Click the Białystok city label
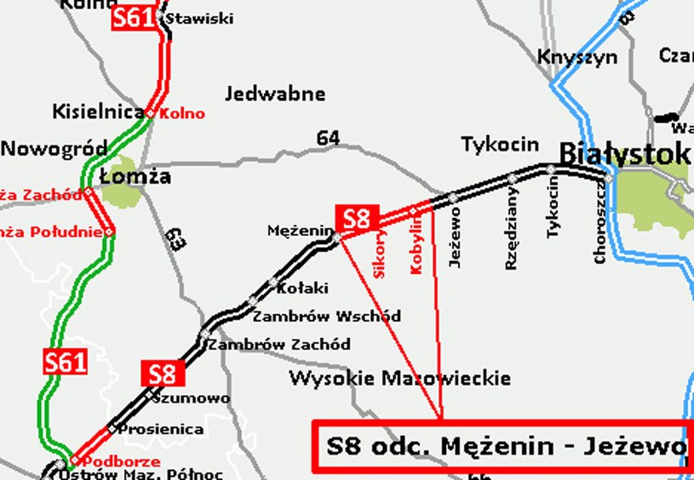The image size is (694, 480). click(624, 153)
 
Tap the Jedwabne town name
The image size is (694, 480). click(276, 93)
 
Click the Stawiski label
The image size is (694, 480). click(199, 18)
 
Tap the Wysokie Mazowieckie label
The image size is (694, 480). click(400, 378)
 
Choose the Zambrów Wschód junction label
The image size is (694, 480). click(327, 316)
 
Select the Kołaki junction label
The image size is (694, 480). click(302, 289)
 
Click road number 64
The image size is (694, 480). click(328, 137)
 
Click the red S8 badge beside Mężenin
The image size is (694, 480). click(357, 219)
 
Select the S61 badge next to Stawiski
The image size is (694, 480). click(133, 17)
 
